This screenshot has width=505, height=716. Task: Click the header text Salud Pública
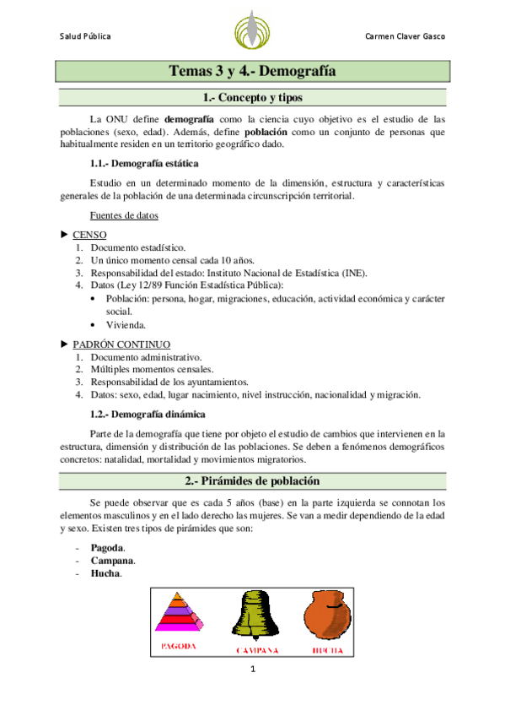pyautogui.click(x=85, y=37)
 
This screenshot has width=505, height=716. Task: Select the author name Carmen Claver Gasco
pyautogui.click(x=405, y=37)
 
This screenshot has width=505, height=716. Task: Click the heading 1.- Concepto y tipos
pyautogui.click(x=252, y=98)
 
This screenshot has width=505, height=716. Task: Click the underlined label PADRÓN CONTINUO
pyautogui.click(x=121, y=344)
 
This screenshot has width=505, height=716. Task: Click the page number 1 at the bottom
pyautogui.click(x=252, y=670)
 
